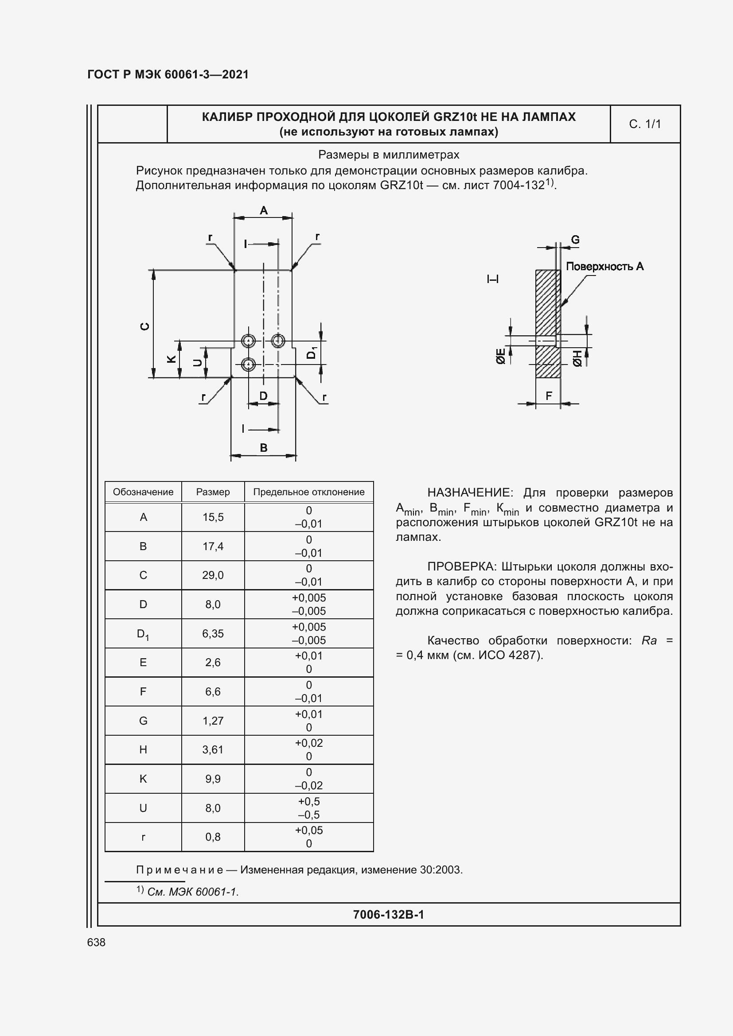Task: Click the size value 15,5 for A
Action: (213, 517)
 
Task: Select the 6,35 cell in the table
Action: (213, 633)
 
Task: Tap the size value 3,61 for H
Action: (213, 749)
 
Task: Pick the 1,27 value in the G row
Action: (213, 721)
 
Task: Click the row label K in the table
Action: (143, 779)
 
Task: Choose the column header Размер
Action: (213, 492)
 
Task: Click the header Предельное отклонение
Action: (309, 492)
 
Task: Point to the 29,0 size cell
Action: (213, 575)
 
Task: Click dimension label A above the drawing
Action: (264, 210)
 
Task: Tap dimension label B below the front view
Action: (264, 448)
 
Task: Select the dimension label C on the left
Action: (145, 326)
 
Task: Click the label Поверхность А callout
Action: (604, 267)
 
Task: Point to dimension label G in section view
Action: (575, 240)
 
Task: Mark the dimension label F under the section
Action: (549, 396)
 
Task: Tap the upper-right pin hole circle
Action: (277, 341)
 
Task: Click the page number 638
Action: (96, 942)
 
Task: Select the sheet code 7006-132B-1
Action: (388, 915)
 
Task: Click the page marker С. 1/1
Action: (644, 124)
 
